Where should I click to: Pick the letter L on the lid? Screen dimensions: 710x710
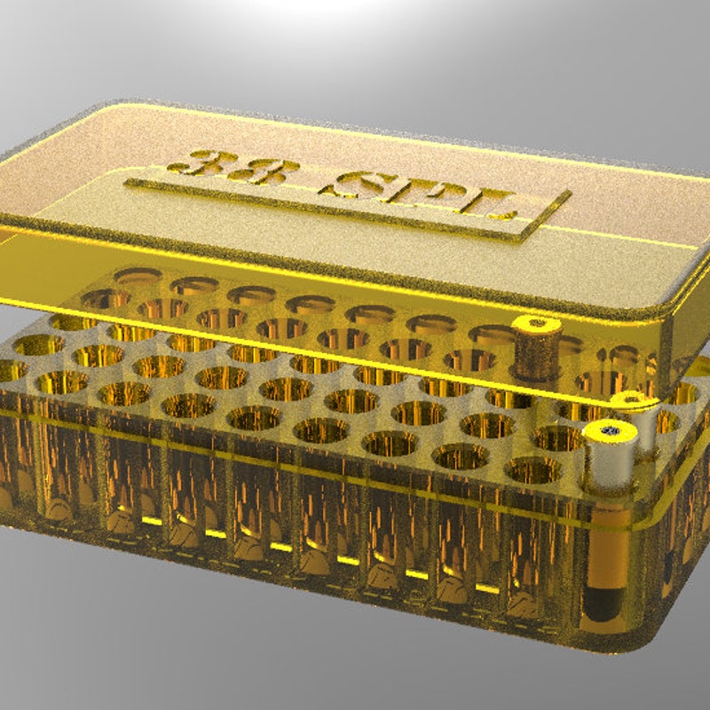point(495,204)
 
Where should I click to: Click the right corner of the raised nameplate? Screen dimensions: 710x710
point(568,196)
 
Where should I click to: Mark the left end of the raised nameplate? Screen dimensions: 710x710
point(130,183)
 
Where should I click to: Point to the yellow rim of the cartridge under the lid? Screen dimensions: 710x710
point(537,325)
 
